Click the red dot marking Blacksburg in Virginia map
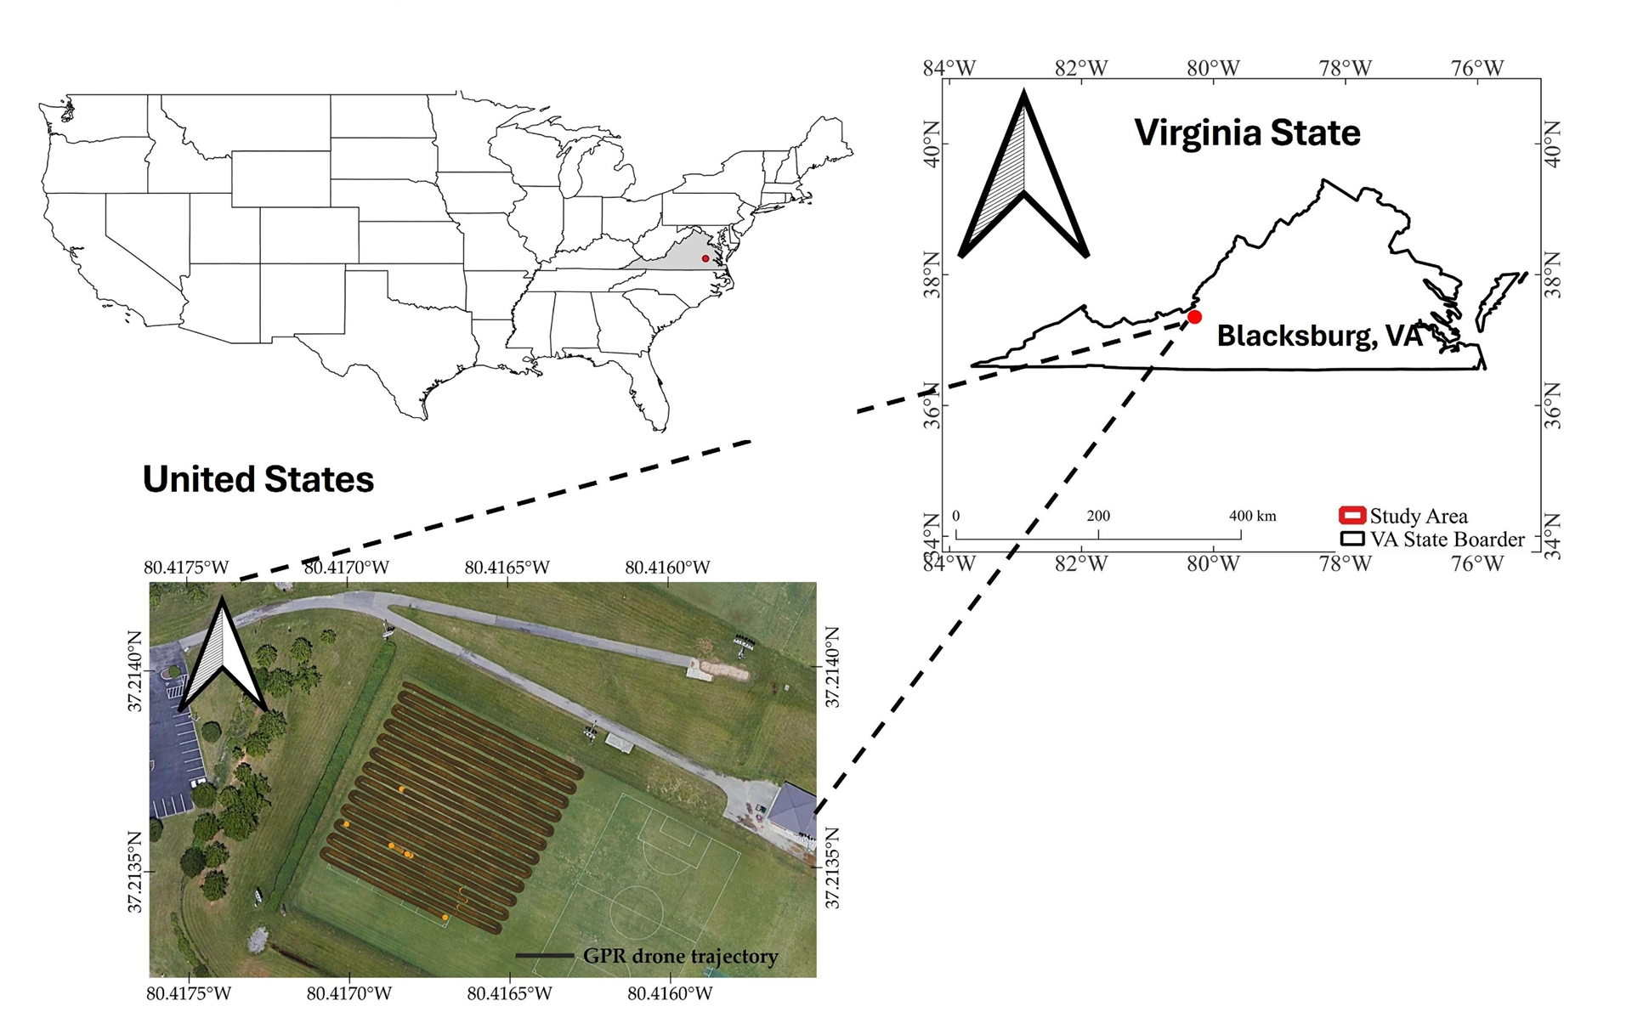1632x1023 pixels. click(x=1194, y=317)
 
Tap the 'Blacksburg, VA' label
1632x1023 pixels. click(x=1319, y=336)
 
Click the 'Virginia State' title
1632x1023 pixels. click(x=1247, y=133)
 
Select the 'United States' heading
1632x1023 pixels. click(x=258, y=479)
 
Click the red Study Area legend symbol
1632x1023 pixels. click(x=1351, y=516)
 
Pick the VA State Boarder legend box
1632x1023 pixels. click(x=1351, y=539)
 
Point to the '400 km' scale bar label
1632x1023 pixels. click(x=1252, y=516)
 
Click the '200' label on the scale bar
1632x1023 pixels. click(x=1098, y=516)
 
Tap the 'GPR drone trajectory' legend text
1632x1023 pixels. click(x=680, y=956)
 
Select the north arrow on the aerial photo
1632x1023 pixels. click(x=223, y=658)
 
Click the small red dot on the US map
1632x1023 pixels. click(x=705, y=258)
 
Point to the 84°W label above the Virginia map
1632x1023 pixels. click(x=949, y=68)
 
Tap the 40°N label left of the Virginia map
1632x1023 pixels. click(x=932, y=144)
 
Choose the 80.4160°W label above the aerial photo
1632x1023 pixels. click(x=667, y=568)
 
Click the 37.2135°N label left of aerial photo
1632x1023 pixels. click(x=135, y=872)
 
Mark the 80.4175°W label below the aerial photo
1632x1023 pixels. click(x=189, y=993)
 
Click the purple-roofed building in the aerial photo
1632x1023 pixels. click(x=793, y=808)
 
